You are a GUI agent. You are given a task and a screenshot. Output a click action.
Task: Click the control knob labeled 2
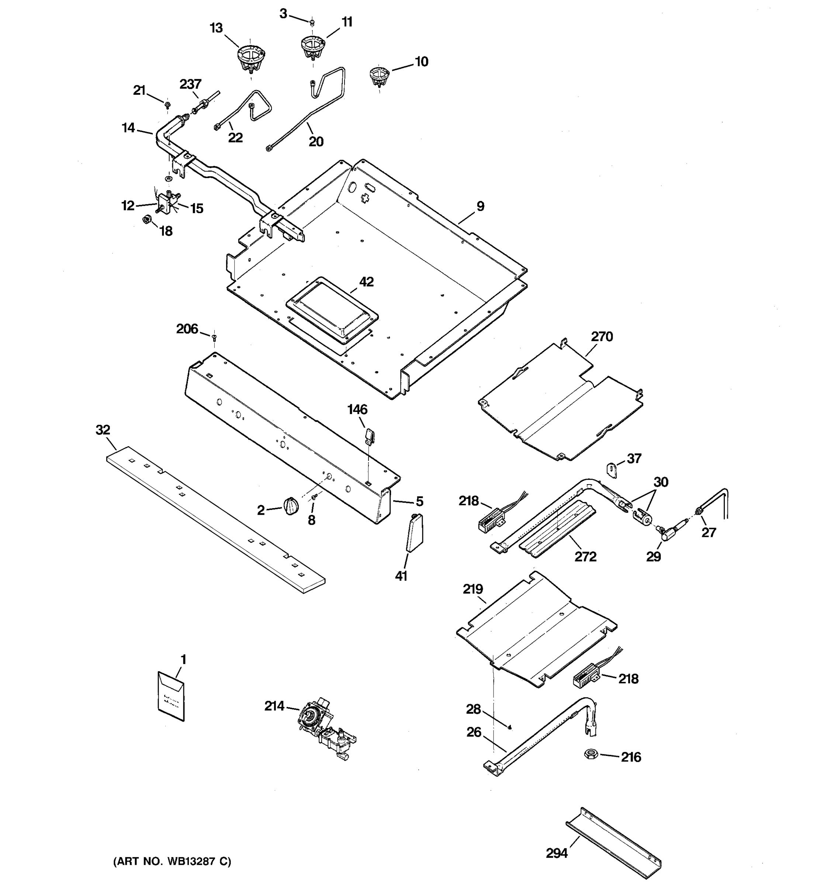pyautogui.click(x=290, y=506)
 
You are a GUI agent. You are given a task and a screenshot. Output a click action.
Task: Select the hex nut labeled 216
pyautogui.click(x=591, y=754)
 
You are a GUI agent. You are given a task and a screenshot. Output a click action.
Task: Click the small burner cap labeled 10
pyautogui.click(x=379, y=76)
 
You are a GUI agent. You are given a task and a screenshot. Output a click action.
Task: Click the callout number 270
pyautogui.click(x=602, y=337)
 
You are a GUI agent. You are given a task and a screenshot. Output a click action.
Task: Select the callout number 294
pyautogui.click(x=557, y=853)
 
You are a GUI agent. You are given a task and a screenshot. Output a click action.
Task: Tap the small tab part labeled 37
pyautogui.click(x=612, y=470)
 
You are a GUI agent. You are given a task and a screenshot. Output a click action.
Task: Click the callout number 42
pyautogui.click(x=366, y=282)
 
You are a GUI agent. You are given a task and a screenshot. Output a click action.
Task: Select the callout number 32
pyautogui.click(x=103, y=430)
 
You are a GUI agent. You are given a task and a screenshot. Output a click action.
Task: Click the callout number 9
pyautogui.click(x=480, y=206)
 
